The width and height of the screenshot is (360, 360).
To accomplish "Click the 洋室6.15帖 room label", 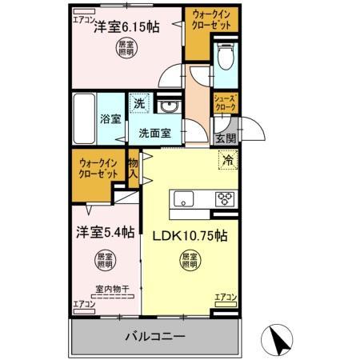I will (x=126, y=27).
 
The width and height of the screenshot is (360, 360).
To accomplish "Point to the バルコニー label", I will (x=155, y=337).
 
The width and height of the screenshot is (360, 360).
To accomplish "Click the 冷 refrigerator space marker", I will (x=228, y=158).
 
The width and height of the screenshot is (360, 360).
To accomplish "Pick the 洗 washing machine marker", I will (x=139, y=103).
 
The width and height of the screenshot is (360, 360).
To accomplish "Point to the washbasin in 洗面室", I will (x=169, y=108).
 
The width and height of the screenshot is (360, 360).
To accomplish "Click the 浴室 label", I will (x=110, y=119).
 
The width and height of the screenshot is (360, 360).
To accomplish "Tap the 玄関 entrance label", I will (x=225, y=138).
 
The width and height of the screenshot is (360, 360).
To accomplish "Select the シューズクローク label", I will (x=224, y=102).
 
